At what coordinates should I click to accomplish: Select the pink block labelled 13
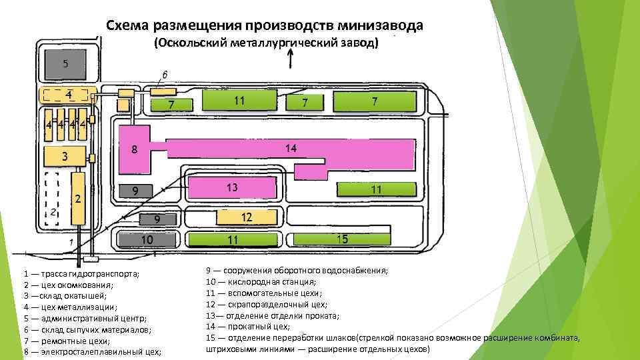coord(231,187)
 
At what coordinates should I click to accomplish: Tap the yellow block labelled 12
coord(246,217)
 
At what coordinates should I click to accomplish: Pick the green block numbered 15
coord(341,239)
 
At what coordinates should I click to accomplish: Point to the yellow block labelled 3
coord(65,157)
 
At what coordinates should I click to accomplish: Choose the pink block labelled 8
coord(134,150)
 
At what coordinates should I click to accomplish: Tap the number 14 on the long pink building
coord(291,147)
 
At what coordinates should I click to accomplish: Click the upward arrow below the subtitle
coord(290,60)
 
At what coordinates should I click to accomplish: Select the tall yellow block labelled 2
coord(79,198)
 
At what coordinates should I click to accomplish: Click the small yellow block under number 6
coord(163,91)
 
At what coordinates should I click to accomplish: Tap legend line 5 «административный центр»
coord(86,318)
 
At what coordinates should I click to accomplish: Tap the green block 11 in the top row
coord(238,101)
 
